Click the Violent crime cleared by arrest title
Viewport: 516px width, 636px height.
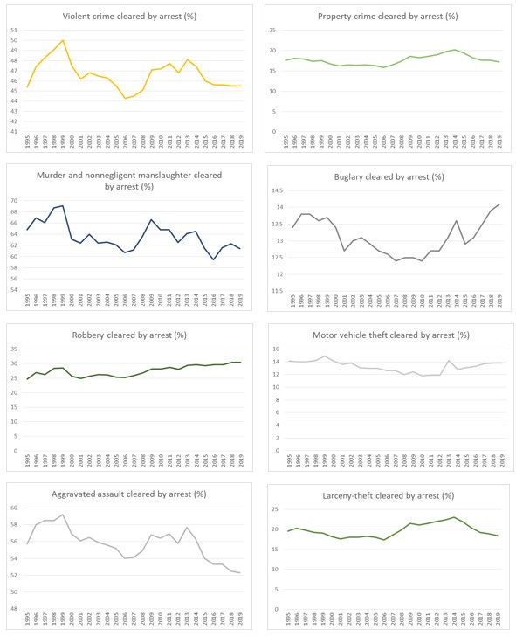click(x=130, y=17)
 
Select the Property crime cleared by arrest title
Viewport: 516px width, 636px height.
click(x=389, y=17)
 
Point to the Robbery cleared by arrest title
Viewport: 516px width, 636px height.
click(x=130, y=335)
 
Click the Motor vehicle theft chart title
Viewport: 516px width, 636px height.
click(x=389, y=335)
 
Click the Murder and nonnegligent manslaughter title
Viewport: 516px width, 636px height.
click(x=130, y=180)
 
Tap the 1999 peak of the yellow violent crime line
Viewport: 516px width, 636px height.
click(x=63, y=40)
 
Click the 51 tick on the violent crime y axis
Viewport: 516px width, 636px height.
click(x=13, y=31)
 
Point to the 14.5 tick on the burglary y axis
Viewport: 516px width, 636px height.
click(x=273, y=190)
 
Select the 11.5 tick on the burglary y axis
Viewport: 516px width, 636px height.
click(x=273, y=290)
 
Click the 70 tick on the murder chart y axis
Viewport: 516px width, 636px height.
click(x=13, y=201)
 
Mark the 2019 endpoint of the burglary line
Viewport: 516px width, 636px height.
click(x=500, y=204)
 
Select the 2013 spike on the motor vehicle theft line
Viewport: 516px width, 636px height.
click(x=449, y=361)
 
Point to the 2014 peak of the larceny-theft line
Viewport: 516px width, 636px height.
click(x=454, y=517)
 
